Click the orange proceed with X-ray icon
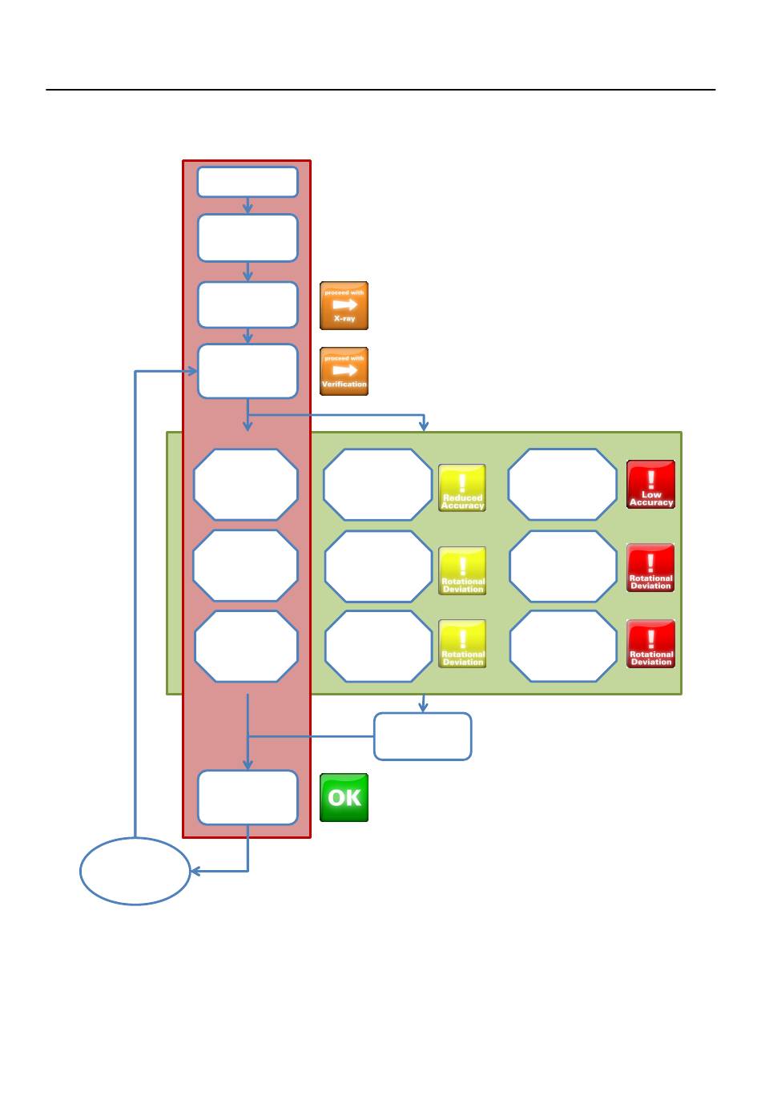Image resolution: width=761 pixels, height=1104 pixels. [344, 305]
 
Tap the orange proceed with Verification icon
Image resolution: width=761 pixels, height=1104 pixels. [344, 371]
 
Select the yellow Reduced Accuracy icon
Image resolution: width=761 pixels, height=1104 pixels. [462, 488]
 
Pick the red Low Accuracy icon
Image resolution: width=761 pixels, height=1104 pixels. [650, 485]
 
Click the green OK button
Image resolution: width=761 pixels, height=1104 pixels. [344, 797]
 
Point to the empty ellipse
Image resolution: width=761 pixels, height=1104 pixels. [135, 871]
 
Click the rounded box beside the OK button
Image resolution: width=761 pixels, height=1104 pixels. [248, 797]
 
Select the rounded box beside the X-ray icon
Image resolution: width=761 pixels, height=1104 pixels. [248, 304]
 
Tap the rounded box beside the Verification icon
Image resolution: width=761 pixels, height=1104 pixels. [248, 371]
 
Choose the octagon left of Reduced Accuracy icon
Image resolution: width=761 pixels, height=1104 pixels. [377, 485]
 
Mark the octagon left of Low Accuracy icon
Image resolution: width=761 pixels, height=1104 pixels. [562, 485]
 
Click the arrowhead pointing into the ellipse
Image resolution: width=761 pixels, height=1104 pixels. [195, 871]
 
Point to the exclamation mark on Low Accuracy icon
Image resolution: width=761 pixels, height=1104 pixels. [650, 479]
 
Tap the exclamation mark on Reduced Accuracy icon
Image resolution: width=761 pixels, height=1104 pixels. [462, 481]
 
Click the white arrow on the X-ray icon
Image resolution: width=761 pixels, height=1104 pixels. [344, 304]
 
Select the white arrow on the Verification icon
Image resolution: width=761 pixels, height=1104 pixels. [344, 370]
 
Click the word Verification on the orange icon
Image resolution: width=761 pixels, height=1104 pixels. [344, 385]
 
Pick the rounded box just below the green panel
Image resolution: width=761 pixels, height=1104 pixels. [422, 736]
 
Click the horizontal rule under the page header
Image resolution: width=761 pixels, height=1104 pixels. [380, 90]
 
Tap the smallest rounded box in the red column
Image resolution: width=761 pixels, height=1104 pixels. [248, 182]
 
